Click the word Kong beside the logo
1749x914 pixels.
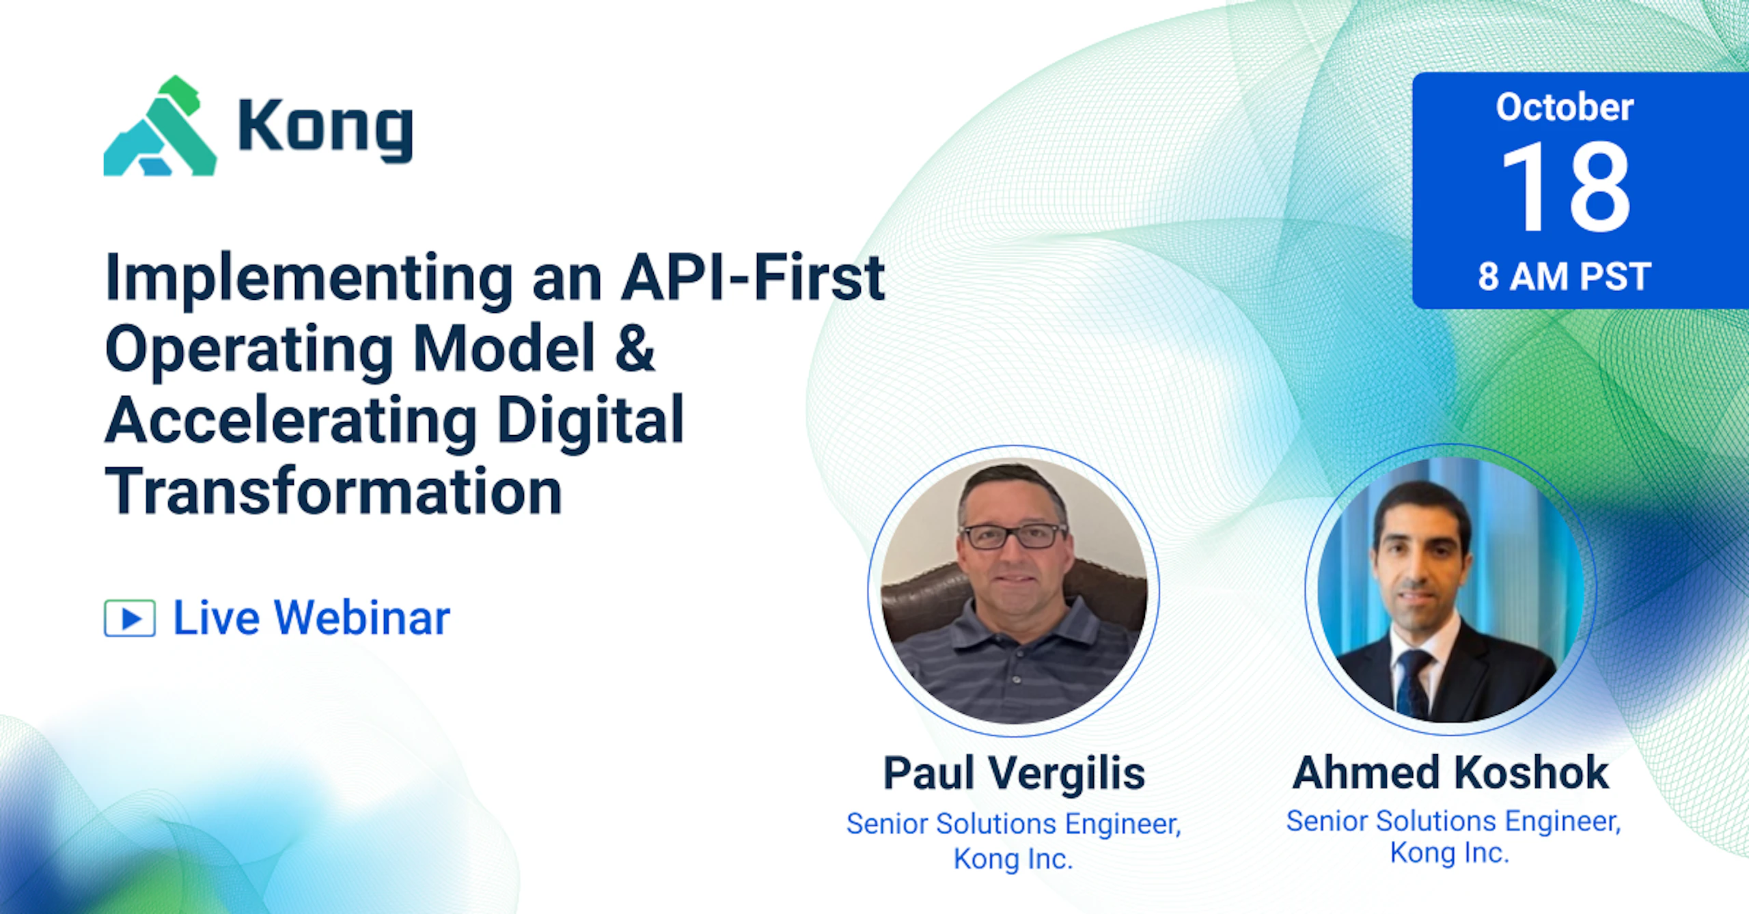pyautogui.click(x=325, y=129)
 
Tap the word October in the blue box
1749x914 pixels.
pyautogui.click(x=1565, y=107)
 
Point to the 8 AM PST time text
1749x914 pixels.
pyautogui.click(x=1565, y=277)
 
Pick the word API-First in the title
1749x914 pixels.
pyautogui.click(x=753, y=277)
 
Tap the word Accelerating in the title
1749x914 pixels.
pyautogui.click(x=291, y=421)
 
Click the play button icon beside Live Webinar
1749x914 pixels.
pyautogui.click(x=130, y=618)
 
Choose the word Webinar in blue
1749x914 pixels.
pyautogui.click(x=362, y=618)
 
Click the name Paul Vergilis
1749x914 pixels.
pyautogui.click(x=1014, y=773)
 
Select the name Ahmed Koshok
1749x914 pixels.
pyautogui.click(x=1451, y=773)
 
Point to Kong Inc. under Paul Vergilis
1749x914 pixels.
pyautogui.click(x=1013, y=859)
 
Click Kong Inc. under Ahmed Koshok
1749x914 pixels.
pyautogui.click(x=1450, y=853)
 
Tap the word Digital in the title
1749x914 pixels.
pyautogui.click(x=590, y=421)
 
